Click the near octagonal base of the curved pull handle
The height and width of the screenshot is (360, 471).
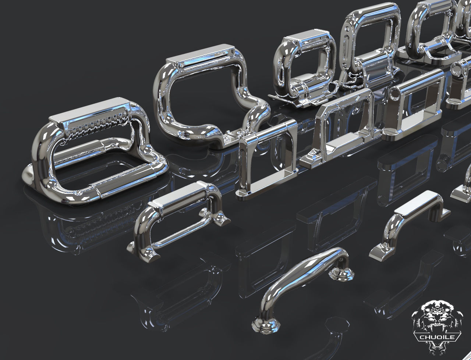click(x=266, y=325)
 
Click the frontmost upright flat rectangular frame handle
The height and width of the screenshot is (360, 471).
click(x=265, y=158)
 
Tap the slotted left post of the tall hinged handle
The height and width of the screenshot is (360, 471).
click(x=348, y=55)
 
